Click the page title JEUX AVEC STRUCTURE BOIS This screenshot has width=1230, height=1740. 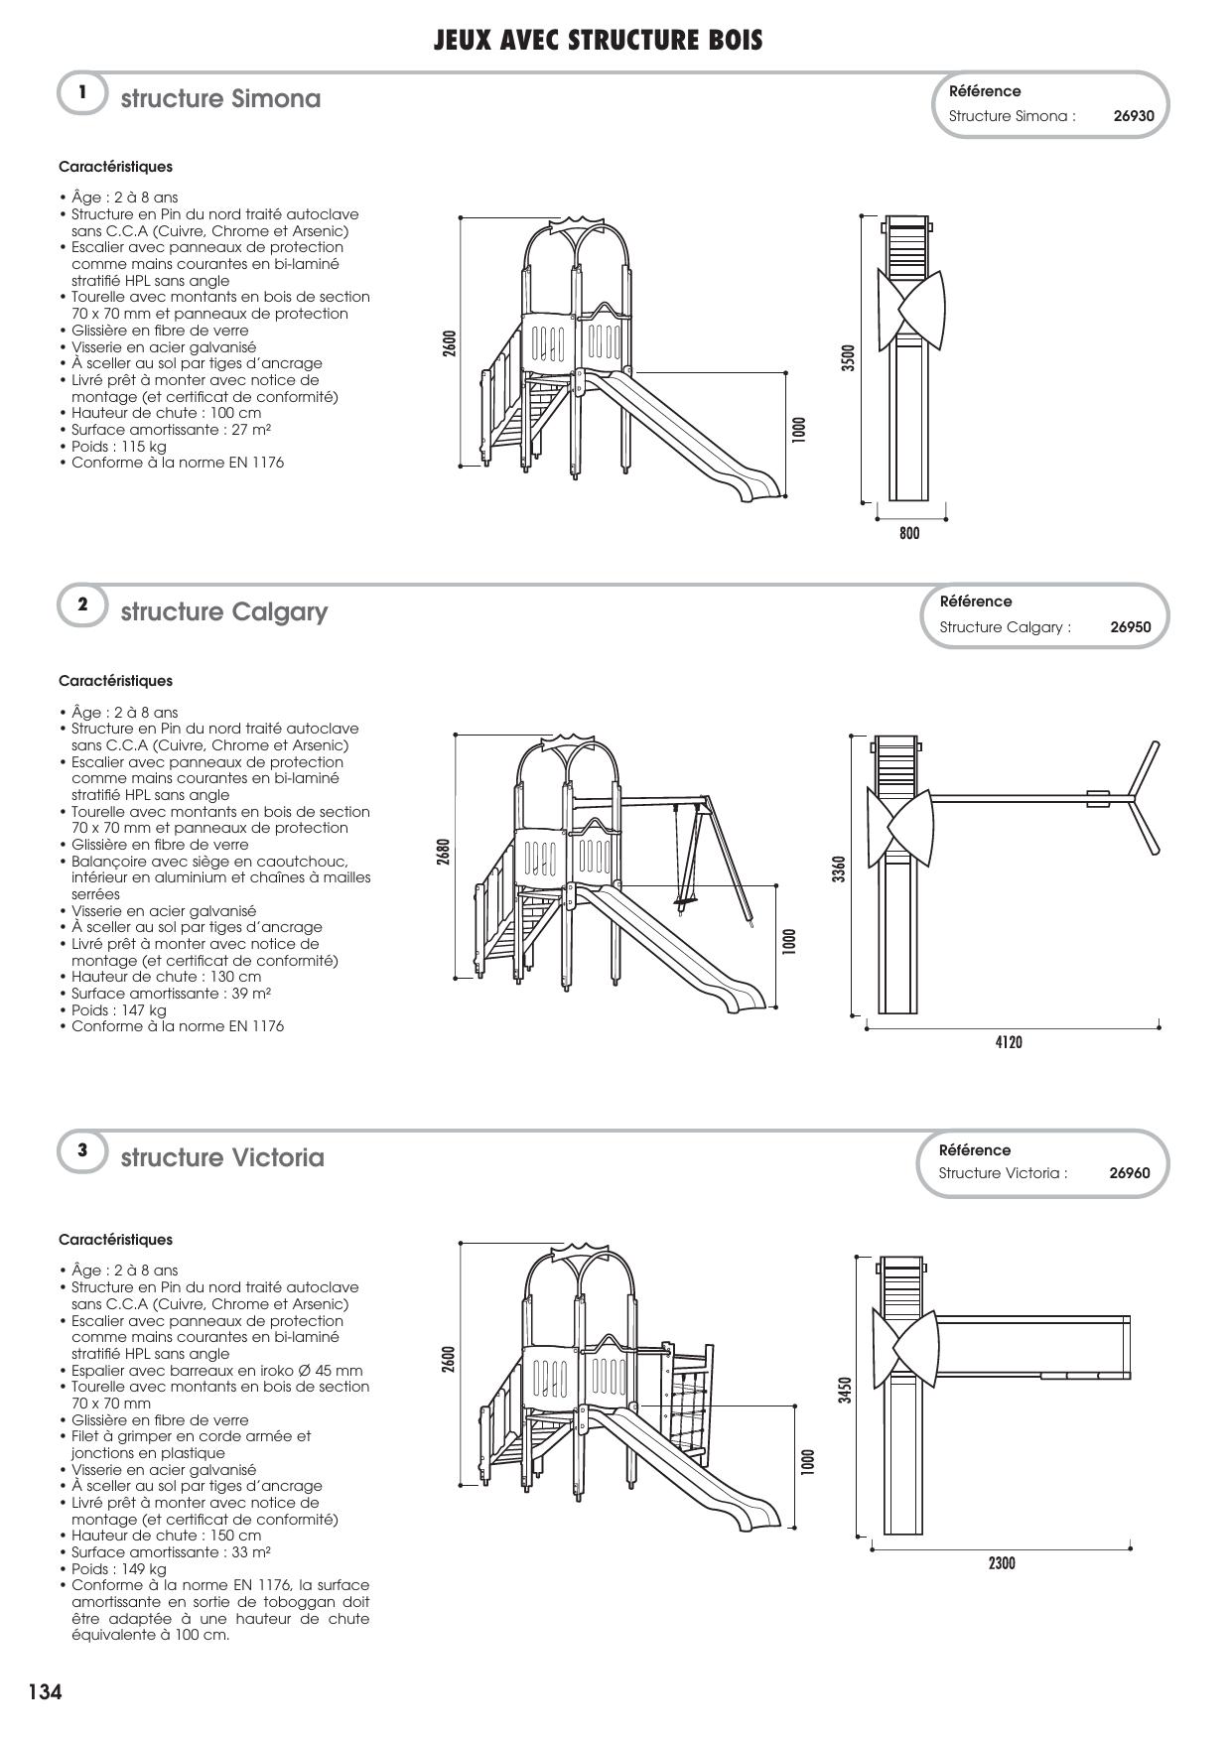[598, 41]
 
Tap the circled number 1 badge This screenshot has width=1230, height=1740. [82, 93]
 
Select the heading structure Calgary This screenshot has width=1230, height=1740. [223, 611]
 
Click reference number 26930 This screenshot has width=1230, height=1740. [1134, 116]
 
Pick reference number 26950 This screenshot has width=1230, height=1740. [1131, 627]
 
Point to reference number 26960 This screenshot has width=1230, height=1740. [1130, 1173]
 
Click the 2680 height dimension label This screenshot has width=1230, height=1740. [444, 853]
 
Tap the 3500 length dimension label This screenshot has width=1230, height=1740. [848, 358]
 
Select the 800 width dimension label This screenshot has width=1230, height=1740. [909, 534]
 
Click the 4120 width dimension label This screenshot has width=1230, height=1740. [1009, 1042]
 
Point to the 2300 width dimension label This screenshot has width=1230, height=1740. [1002, 1563]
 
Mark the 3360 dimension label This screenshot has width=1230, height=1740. [839, 870]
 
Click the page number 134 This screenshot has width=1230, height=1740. [46, 1691]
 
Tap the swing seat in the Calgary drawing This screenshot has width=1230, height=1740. [682, 904]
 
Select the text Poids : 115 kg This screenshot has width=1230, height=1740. [118, 447]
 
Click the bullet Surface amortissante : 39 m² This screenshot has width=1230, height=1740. [171, 994]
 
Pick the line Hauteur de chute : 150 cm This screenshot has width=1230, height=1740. [166, 1536]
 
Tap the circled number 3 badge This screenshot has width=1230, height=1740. [82, 1150]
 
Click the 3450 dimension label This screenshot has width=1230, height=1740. [845, 1390]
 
